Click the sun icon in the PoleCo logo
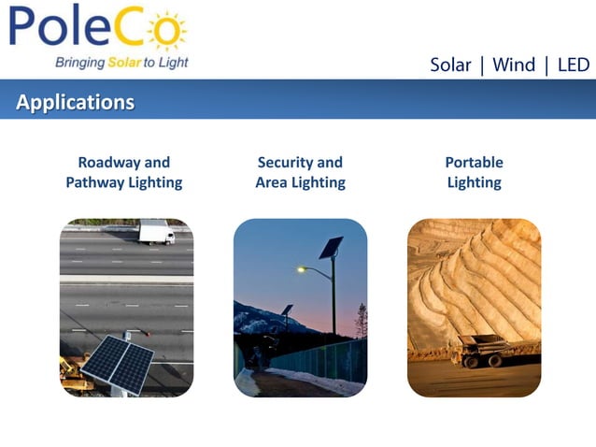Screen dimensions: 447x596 pyautogui.click(x=167, y=30)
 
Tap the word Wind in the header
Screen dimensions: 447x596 pyautogui.click(x=514, y=65)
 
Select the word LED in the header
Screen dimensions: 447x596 pyautogui.click(x=573, y=65)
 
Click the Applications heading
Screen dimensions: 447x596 pyautogui.click(x=76, y=102)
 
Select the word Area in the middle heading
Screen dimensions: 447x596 pyautogui.click(x=273, y=182)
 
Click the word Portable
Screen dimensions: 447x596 pyautogui.click(x=474, y=162)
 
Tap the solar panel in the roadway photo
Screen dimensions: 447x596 pyautogui.click(x=117, y=362)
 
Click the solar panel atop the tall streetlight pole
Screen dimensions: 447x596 pyautogui.click(x=331, y=247)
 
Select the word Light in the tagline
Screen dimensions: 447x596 pyautogui.click(x=173, y=63)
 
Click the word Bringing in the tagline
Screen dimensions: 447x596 pyautogui.click(x=79, y=64)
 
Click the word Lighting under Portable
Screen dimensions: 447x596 pyautogui.click(x=474, y=182)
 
